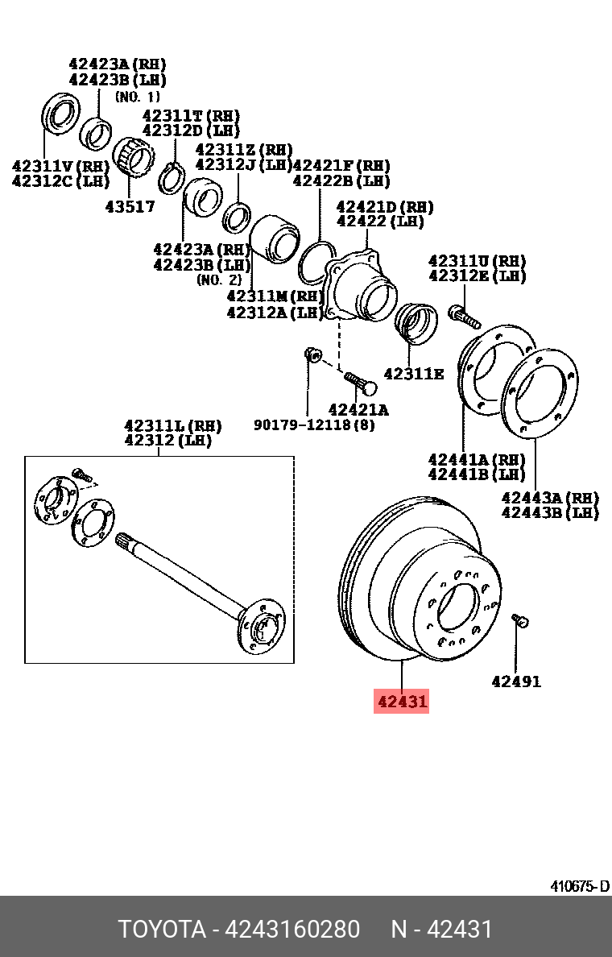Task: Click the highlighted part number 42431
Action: tap(402, 702)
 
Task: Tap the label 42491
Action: tap(516, 681)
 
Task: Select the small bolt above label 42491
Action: tap(519, 620)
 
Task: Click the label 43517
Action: tap(130, 206)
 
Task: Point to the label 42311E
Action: tap(413, 374)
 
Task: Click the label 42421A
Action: tap(358, 409)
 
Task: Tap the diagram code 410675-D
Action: tap(579, 886)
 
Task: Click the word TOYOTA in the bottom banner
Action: tap(162, 929)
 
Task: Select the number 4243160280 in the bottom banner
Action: tap(292, 929)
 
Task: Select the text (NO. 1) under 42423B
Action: tap(139, 96)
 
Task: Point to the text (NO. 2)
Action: tap(218, 280)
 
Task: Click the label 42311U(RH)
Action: tap(477, 261)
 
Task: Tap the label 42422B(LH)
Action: tap(341, 181)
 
